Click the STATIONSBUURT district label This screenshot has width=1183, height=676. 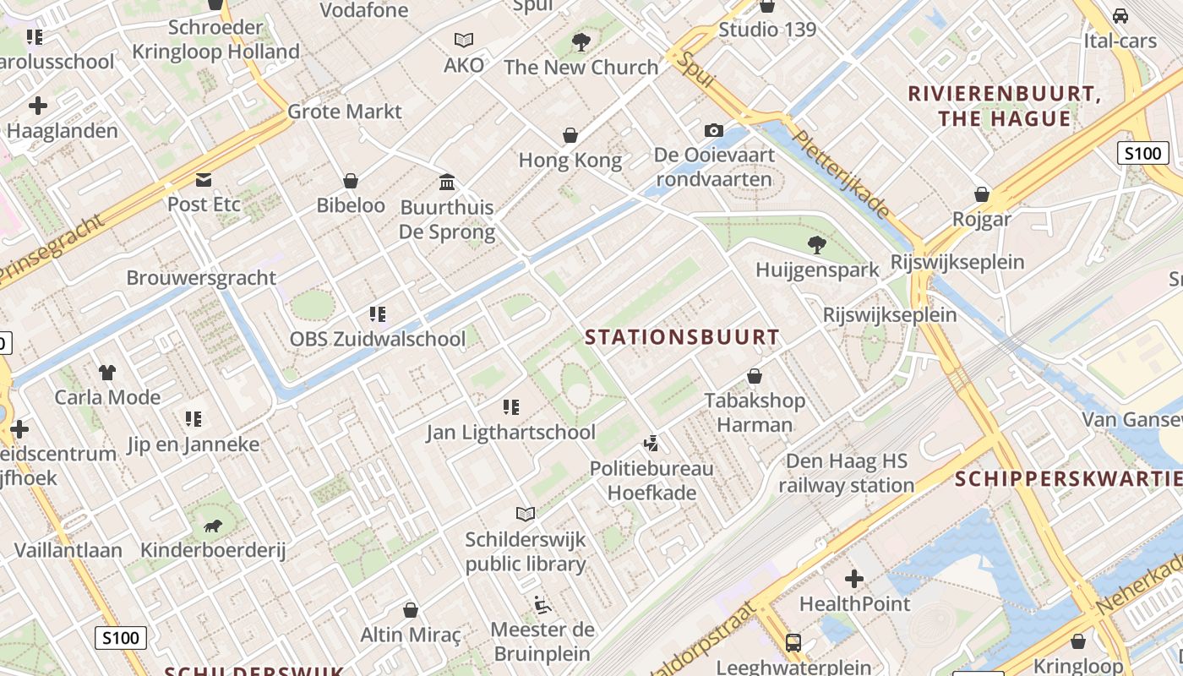pos(682,337)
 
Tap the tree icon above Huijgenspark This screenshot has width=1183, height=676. pos(816,245)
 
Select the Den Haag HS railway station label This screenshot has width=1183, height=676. pos(846,473)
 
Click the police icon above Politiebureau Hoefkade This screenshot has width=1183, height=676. pos(651,443)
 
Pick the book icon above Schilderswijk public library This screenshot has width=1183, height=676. pos(526,514)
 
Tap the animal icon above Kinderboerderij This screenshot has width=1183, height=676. pos(212,526)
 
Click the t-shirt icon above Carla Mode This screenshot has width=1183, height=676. pos(107,372)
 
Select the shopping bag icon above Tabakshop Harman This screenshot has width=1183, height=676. pos(755,375)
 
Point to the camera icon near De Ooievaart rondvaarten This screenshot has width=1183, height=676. pos(714,130)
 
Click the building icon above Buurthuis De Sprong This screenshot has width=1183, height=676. pos(447,182)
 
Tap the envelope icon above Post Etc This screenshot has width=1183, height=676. pos(204,179)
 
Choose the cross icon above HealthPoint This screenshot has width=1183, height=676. pos(854,579)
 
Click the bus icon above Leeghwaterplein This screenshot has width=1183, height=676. pos(793,642)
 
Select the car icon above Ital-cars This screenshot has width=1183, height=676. pos(1120,16)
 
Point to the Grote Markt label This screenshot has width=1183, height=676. pos(345,112)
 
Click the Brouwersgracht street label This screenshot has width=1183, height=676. pos(201,278)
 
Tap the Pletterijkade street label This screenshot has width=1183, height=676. pos(841,173)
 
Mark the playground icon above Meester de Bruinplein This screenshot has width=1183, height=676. pos(542,605)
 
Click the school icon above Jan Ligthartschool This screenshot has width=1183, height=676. pos(511,408)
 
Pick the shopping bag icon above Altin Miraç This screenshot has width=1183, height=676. pos(411,610)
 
